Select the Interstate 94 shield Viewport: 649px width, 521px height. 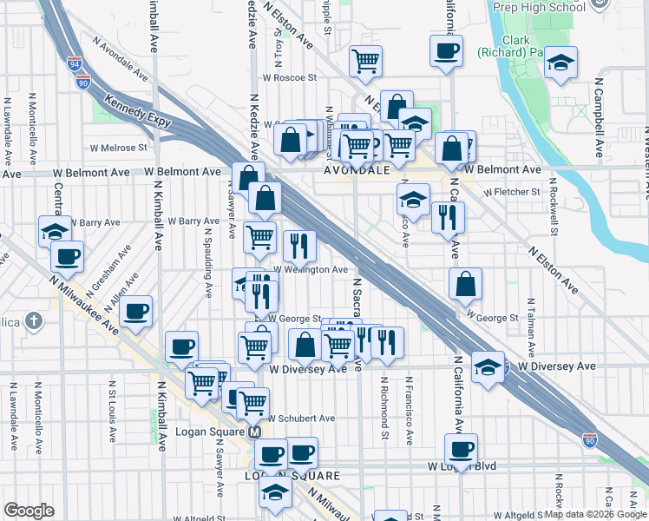pos(75,64)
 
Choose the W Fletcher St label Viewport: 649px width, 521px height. pos(512,191)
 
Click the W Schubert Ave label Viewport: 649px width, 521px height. pos(300,418)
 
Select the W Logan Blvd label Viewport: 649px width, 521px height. pos(461,466)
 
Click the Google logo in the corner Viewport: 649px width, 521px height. pos(29,511)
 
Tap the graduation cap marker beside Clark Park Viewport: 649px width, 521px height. pos(561,63)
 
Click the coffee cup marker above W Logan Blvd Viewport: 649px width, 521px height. pos(462,450)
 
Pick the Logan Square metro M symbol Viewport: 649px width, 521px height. pos(255,432)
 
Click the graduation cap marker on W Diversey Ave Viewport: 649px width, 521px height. pos(488,366)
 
